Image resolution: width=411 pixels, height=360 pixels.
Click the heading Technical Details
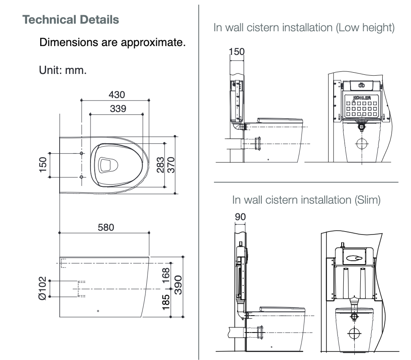coord(70,20)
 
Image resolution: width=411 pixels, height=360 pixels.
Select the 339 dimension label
coord(118,108)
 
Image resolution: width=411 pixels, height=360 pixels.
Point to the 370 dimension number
coord(170,165)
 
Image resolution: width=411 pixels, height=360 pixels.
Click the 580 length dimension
coord(106,227)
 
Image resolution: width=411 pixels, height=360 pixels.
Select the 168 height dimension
coord(166,275)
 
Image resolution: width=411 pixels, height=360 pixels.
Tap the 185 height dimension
coord(166,303)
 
